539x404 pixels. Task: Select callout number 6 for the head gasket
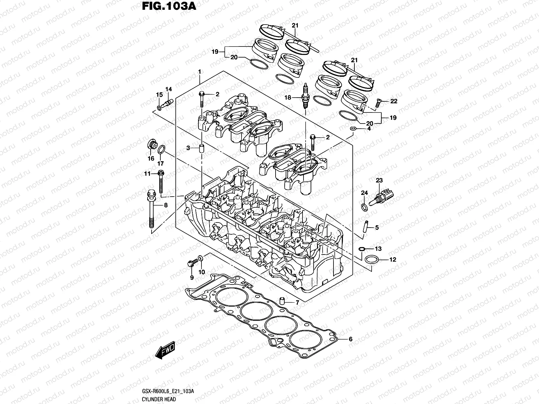coord(350,339)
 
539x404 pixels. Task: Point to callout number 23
coord(379,181)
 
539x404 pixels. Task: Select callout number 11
coord(147,174)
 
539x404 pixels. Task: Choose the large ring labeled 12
coord(371,259)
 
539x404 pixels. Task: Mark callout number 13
coord(378,249)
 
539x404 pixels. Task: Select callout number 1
coord(199,72)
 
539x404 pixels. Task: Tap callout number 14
coord(168,89)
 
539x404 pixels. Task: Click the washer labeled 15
coord(159,108)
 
